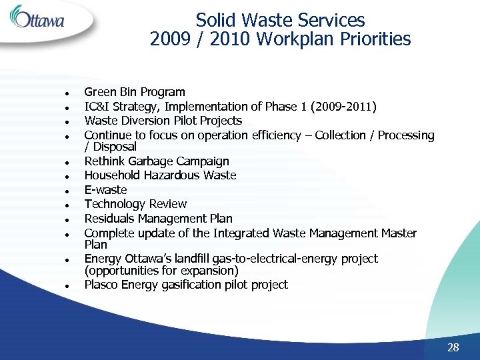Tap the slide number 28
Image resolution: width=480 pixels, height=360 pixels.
pos(453,347)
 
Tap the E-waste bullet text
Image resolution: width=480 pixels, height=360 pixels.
pos(105,190)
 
